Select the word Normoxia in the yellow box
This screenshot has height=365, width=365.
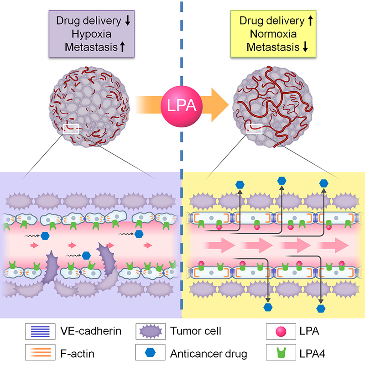(272, 33)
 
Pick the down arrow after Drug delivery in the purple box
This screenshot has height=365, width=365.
(129, 21)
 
